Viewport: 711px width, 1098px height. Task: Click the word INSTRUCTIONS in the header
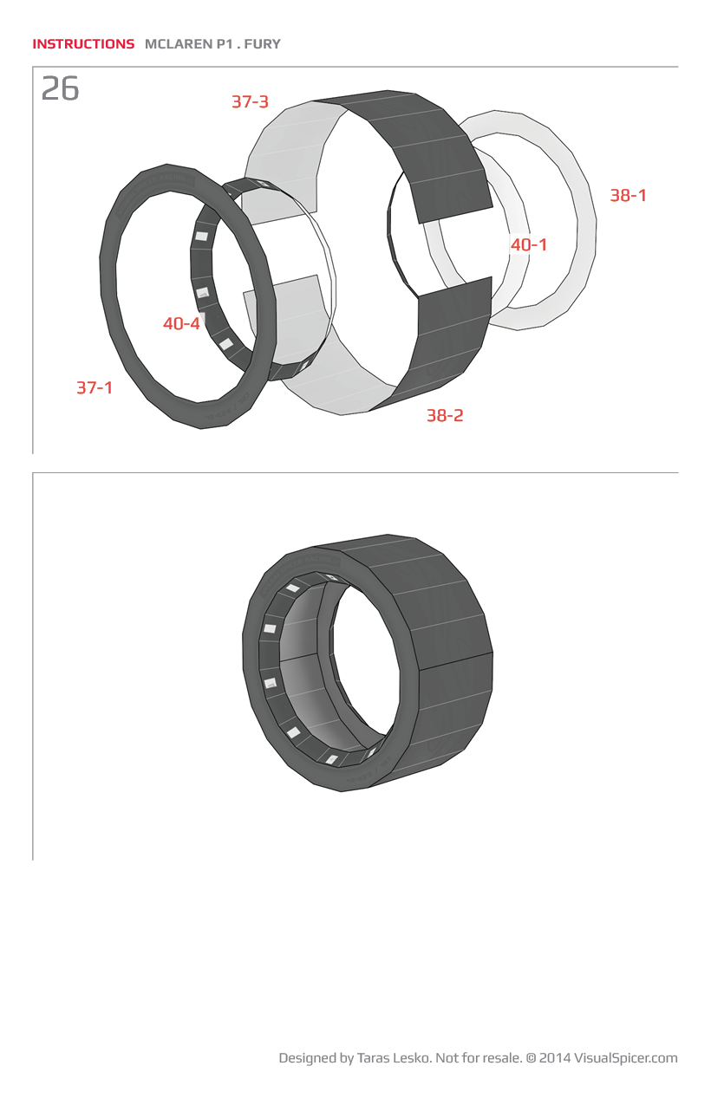83,44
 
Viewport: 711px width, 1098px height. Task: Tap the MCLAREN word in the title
179,44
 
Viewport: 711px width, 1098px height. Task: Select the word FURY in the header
263,44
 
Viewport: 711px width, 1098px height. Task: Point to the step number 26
60,88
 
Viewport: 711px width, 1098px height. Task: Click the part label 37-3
250,101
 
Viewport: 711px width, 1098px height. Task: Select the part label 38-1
628,195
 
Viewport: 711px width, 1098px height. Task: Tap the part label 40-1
529,244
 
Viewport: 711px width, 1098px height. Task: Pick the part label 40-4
181,323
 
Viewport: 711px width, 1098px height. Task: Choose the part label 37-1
95,387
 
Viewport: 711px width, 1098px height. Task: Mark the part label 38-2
445,416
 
